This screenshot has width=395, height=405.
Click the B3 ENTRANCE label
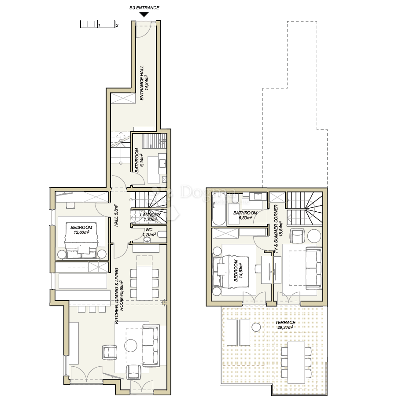click(144, 8)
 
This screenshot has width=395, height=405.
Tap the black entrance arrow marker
click(144, 15)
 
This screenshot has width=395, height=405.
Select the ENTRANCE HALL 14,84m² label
click(144, 83)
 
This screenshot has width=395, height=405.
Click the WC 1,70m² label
click(149, 232)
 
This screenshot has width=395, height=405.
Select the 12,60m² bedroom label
click(81, 230)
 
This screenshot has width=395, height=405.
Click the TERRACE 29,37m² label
click(285, 325)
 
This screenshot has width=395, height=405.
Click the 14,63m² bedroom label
click(238, 270)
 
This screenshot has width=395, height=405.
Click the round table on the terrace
click(256, 327)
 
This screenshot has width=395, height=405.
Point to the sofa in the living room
click(151, 345)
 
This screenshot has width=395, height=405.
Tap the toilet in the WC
click(162, 235)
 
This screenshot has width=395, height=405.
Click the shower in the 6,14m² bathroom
click(155, 141)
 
